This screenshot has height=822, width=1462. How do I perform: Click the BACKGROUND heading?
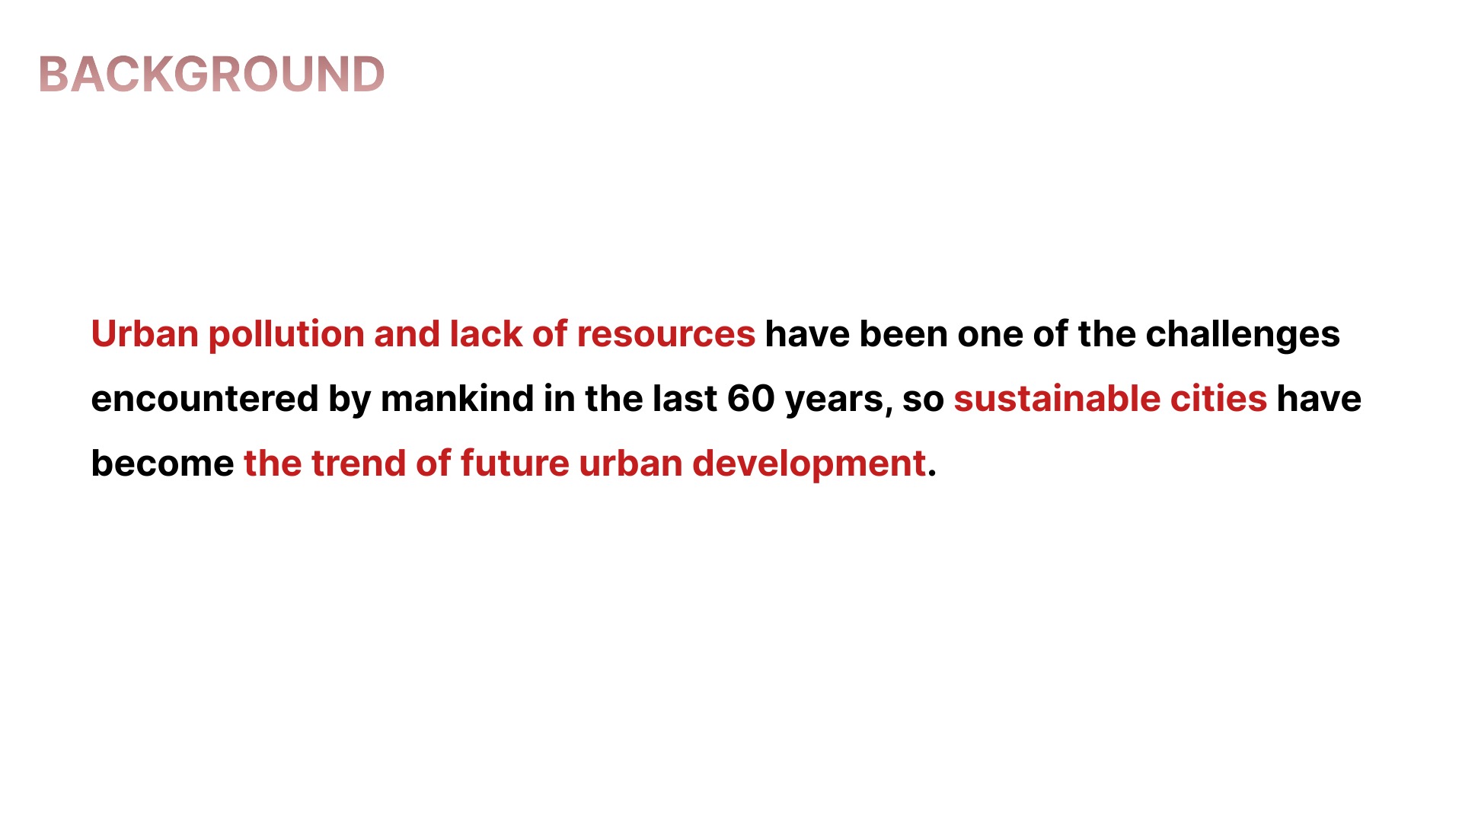tap(212, 75)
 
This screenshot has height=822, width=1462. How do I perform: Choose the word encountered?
tap(205, 400)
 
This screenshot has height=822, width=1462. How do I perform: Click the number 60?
tap(751, 399)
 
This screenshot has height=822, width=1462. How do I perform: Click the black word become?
tap(162, 464)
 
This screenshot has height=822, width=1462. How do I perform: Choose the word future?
tap(515, 464)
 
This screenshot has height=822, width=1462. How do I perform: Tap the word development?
tap(809, 464)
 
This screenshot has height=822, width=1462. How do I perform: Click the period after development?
tap(932, 474)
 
